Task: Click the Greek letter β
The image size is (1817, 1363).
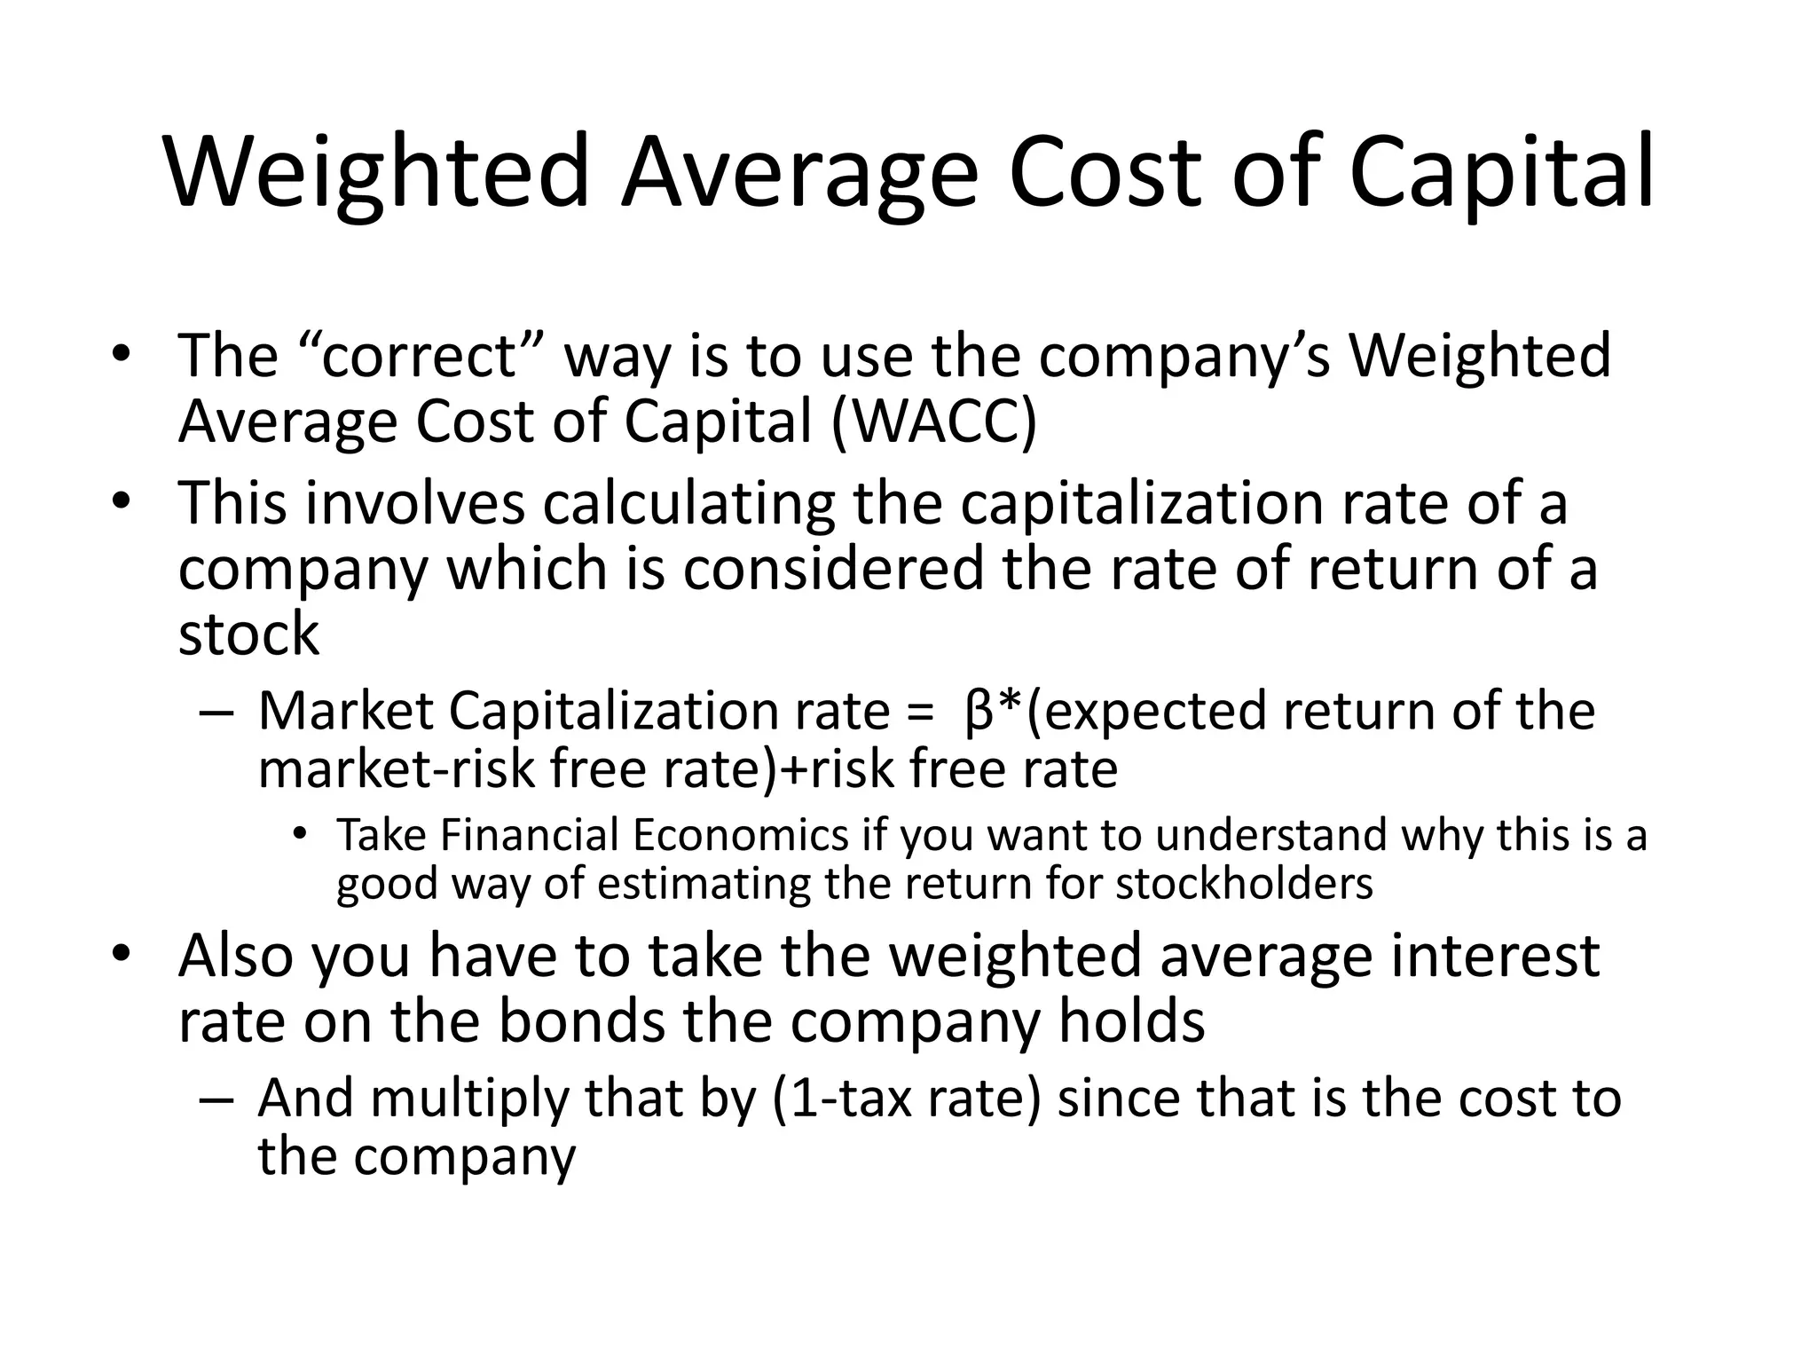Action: (x=977, y=712)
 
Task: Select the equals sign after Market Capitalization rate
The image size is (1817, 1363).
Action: (x=921, y=713)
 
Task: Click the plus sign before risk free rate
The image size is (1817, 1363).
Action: (x=793, y=768)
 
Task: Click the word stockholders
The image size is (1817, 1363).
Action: (x=1244, y=883)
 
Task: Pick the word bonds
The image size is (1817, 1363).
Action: (x=581, y=1021)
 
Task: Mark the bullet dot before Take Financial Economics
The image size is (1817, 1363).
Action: (x=301, y=833)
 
